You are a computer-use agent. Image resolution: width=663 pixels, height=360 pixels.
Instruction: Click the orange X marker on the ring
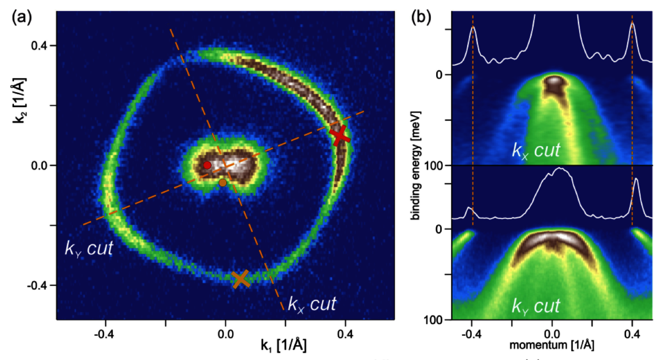[x=241, y=279]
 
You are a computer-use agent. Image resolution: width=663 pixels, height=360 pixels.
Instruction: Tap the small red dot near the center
[x=207, y=165]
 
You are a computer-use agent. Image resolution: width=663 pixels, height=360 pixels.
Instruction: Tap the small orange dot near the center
[x=223, y=182]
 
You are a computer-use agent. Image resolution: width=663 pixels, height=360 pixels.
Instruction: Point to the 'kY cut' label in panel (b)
[x=536, y=306]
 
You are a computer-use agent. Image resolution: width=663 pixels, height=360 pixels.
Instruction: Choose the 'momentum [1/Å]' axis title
[x=551, y=344]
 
